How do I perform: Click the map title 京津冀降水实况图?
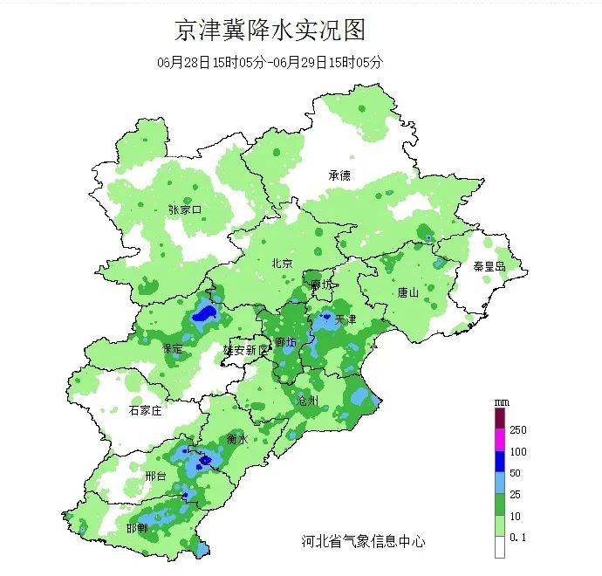click(x=270, y=31)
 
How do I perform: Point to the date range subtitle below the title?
click(x=270, y=62)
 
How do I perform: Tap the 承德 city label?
click(x=339, y=175)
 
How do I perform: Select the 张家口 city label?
click(x=185, y=209)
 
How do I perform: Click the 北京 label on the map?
click(x=281, y=263)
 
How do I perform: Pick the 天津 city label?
click(x=345, y=319)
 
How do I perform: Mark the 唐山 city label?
click(x=408, y=292)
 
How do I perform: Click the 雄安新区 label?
click(x=247, y=349)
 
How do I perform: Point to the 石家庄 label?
click(x=146, y=410)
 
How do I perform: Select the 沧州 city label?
click(x=307, y=401)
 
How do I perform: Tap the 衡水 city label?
click(x=237, y=438)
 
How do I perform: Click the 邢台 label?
click(x=156, y=477)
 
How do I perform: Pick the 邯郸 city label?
click(x=137, y=529)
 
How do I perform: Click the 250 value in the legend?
click(x=518, y=430)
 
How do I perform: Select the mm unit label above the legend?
click(x=501, y=401)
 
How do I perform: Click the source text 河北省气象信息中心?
click(x=359, y=541)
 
